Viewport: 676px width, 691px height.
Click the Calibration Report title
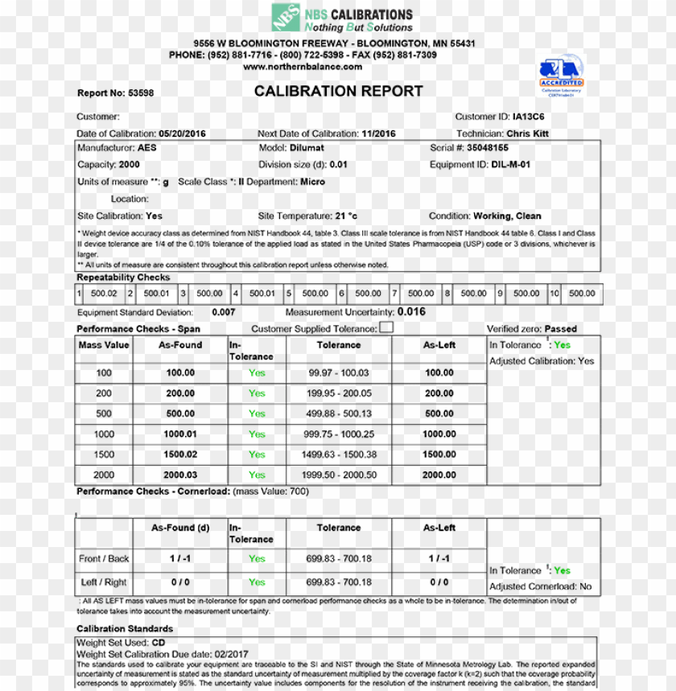click(338, 92)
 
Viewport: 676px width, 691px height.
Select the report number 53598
click(141, 93)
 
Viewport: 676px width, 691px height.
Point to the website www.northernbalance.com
click(303, 67)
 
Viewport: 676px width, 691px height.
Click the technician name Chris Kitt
click(527, 134)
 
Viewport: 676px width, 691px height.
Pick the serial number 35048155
click(488, 148)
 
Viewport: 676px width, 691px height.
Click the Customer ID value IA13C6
click(534, 117)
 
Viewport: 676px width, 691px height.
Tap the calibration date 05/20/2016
click(182, 134)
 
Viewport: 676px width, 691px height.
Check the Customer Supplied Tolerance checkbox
click(386, 327)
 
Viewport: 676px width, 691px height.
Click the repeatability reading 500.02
click(104, 294)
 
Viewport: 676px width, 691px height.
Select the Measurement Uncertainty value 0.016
click(411, 312)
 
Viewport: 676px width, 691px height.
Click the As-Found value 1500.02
click(180, 454)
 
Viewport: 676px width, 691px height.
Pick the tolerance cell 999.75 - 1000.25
click(338, 434)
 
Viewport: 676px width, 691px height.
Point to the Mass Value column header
click(104, 345)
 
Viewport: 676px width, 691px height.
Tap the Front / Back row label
click(104, 558)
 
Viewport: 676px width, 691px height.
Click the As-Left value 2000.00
click(439, 475)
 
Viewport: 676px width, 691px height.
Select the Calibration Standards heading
click(125, 629)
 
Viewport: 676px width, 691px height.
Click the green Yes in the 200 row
click(257, 393)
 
